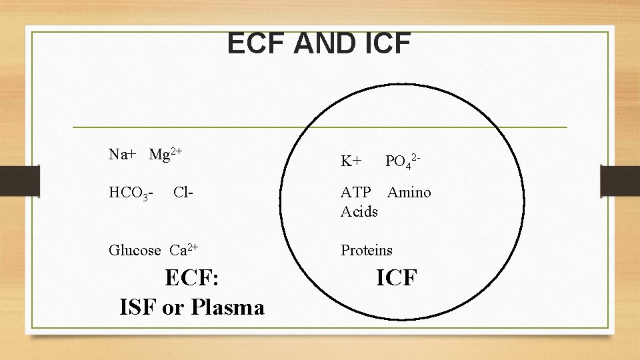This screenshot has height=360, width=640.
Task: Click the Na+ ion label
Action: (123, 155)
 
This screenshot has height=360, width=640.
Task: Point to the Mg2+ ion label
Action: (165, 155)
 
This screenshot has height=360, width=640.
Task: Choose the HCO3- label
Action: (132, 193)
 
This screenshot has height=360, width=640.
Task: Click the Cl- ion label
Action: (183, 193)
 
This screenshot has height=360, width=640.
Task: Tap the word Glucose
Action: (135, 251)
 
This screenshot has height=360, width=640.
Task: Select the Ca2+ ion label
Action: (183, 251)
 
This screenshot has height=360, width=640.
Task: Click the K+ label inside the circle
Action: (351, 161)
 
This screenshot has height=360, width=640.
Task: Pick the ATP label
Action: (356, 193)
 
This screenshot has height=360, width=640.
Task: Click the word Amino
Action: (409, 193)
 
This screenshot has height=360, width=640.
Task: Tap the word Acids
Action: (359, 211)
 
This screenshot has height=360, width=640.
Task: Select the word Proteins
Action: (367, 251)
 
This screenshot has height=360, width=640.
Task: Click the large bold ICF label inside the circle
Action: (396, 277)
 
